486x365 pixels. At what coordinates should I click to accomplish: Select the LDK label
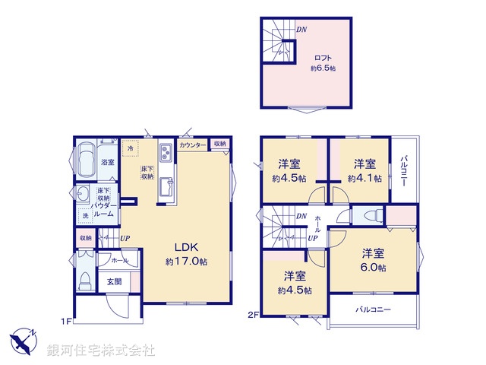[x=187, y=247]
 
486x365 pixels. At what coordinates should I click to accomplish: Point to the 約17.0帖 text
[x=187, y=261]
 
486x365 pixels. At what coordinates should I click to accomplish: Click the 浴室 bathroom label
[x=107, y=162]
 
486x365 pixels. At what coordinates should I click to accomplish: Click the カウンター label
[x=193, y=144]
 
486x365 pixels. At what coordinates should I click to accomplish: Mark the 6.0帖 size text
[x=374, y=268]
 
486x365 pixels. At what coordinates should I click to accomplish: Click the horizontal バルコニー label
[x=372, y=310]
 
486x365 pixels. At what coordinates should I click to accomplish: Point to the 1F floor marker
[x=67, y=321]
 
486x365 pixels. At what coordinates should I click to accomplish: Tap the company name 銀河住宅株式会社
[x=101, y=351]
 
